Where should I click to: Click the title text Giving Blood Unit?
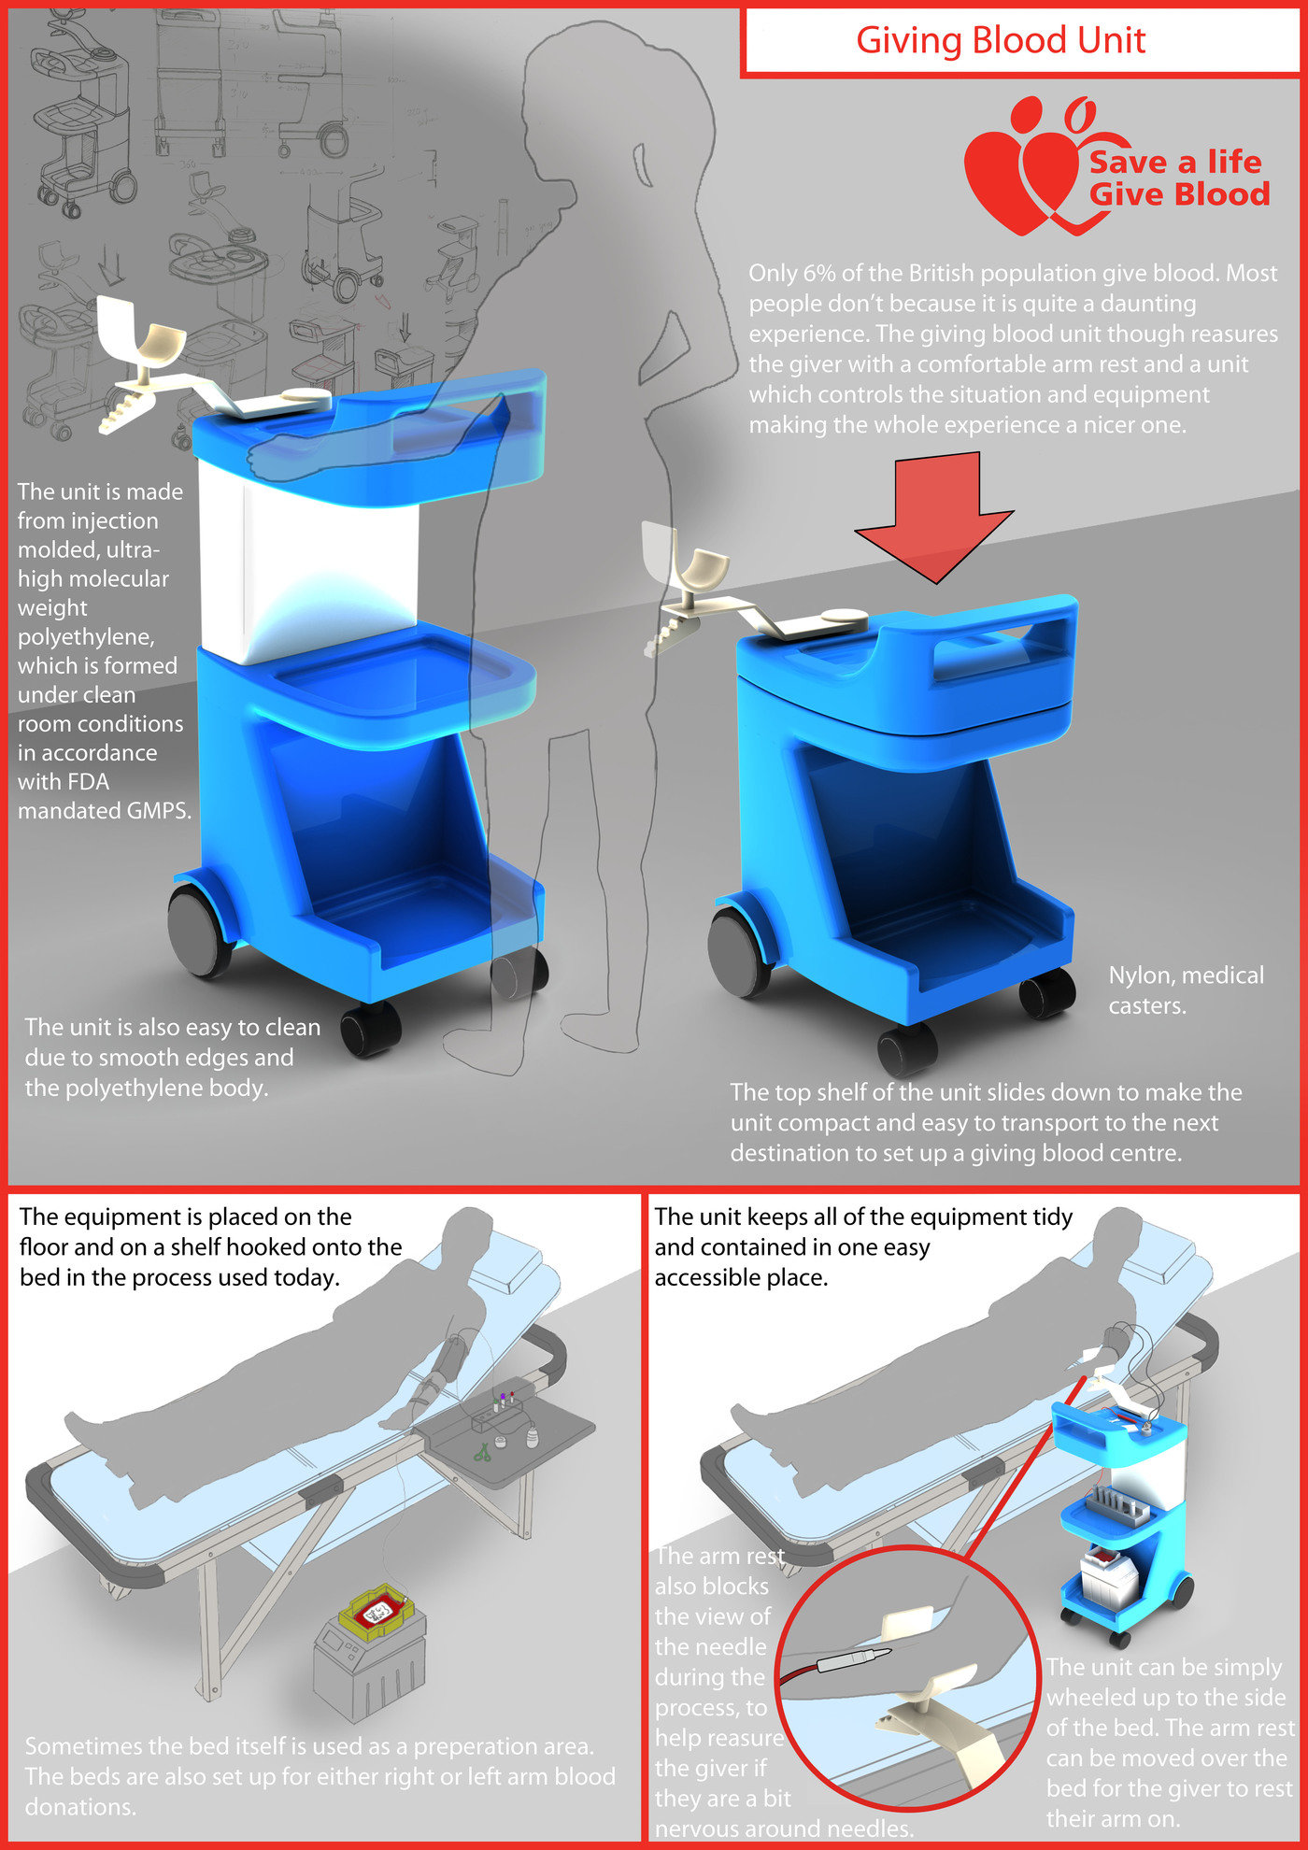tap(1001, 40)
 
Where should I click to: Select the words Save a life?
tap(1175, 162)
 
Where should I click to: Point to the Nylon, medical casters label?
tap(1186, 989)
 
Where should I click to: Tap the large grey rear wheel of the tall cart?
tap(199, 931)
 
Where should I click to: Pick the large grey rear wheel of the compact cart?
tap(740, 950)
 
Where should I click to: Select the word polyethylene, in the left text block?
tap(87, 637)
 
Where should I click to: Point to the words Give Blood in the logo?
tap(1179, 194)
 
